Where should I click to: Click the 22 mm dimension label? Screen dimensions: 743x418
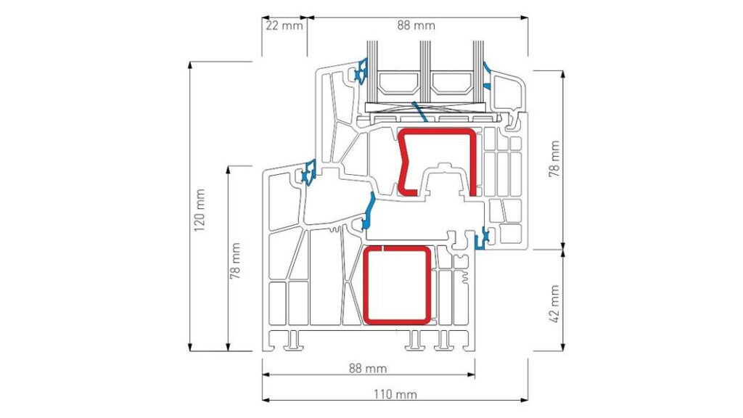(284, 25)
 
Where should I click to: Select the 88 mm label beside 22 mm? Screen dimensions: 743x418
(416, 25)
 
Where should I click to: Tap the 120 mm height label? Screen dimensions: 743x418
(200, 210)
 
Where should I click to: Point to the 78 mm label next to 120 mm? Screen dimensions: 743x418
(236, 261)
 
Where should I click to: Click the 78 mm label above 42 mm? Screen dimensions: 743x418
(554, 159)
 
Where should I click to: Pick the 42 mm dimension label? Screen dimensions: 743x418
(554, 304)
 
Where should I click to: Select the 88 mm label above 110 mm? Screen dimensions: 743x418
(368, 368)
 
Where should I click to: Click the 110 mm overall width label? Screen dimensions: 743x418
(395, 394)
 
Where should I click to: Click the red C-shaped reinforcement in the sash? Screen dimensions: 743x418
(473, 161)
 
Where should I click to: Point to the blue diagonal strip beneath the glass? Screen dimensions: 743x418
(419, 112)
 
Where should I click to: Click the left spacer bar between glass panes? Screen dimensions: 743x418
(398, 83)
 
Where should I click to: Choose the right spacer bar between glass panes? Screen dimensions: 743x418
(451, 83)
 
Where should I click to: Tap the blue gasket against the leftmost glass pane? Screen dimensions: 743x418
(360, 72)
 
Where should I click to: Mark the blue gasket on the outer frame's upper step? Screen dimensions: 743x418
(308, 172)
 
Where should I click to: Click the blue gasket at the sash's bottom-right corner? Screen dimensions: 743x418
(483, 237)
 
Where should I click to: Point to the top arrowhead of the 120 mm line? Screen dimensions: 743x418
(191, 65)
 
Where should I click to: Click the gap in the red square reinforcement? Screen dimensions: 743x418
(383, 248)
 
